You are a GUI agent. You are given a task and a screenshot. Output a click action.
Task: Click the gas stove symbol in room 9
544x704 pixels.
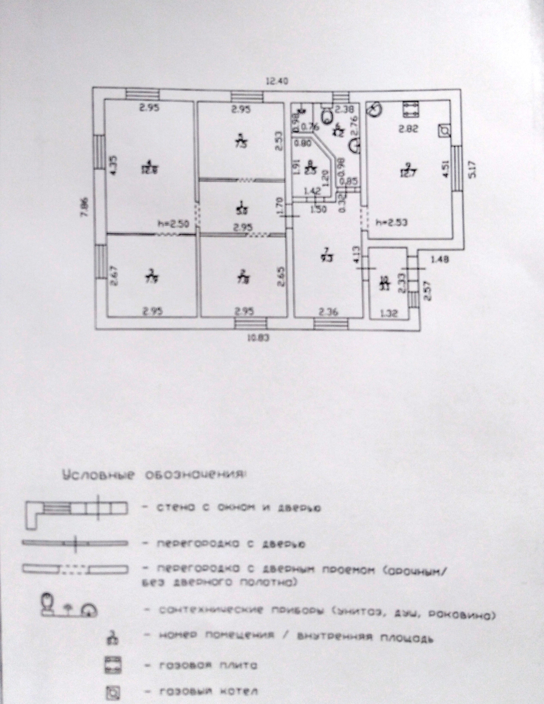point(410,110)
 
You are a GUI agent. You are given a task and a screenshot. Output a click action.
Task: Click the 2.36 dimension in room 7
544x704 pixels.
point(328,312)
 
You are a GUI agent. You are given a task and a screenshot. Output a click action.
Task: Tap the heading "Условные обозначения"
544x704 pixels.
point(154,476)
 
